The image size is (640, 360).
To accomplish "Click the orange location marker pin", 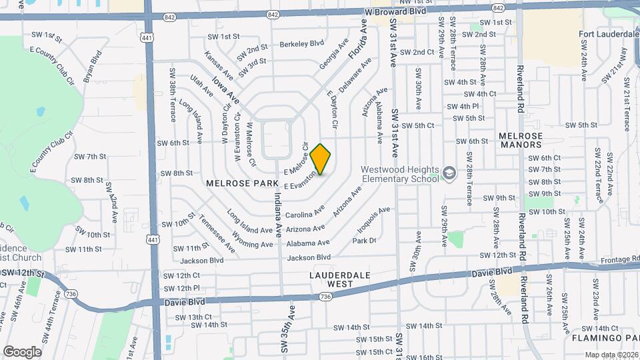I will pos(321,159).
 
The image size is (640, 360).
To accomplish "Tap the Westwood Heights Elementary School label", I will pos(399,173).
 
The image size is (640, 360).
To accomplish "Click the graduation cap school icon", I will pos(449,173).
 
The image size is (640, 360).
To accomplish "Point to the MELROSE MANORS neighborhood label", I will pos(521,140).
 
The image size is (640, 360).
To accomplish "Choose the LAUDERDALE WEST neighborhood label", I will pos(331,279).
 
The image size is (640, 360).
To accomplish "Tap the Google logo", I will pos(22,351).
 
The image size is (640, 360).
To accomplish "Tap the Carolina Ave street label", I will pos(305,214).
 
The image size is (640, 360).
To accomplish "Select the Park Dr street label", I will pos(365,241).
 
